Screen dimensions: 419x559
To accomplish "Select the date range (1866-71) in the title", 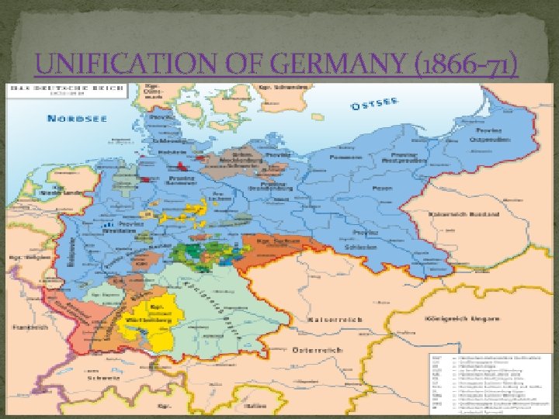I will (461, 68).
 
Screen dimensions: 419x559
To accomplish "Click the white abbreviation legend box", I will (491, 381).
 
